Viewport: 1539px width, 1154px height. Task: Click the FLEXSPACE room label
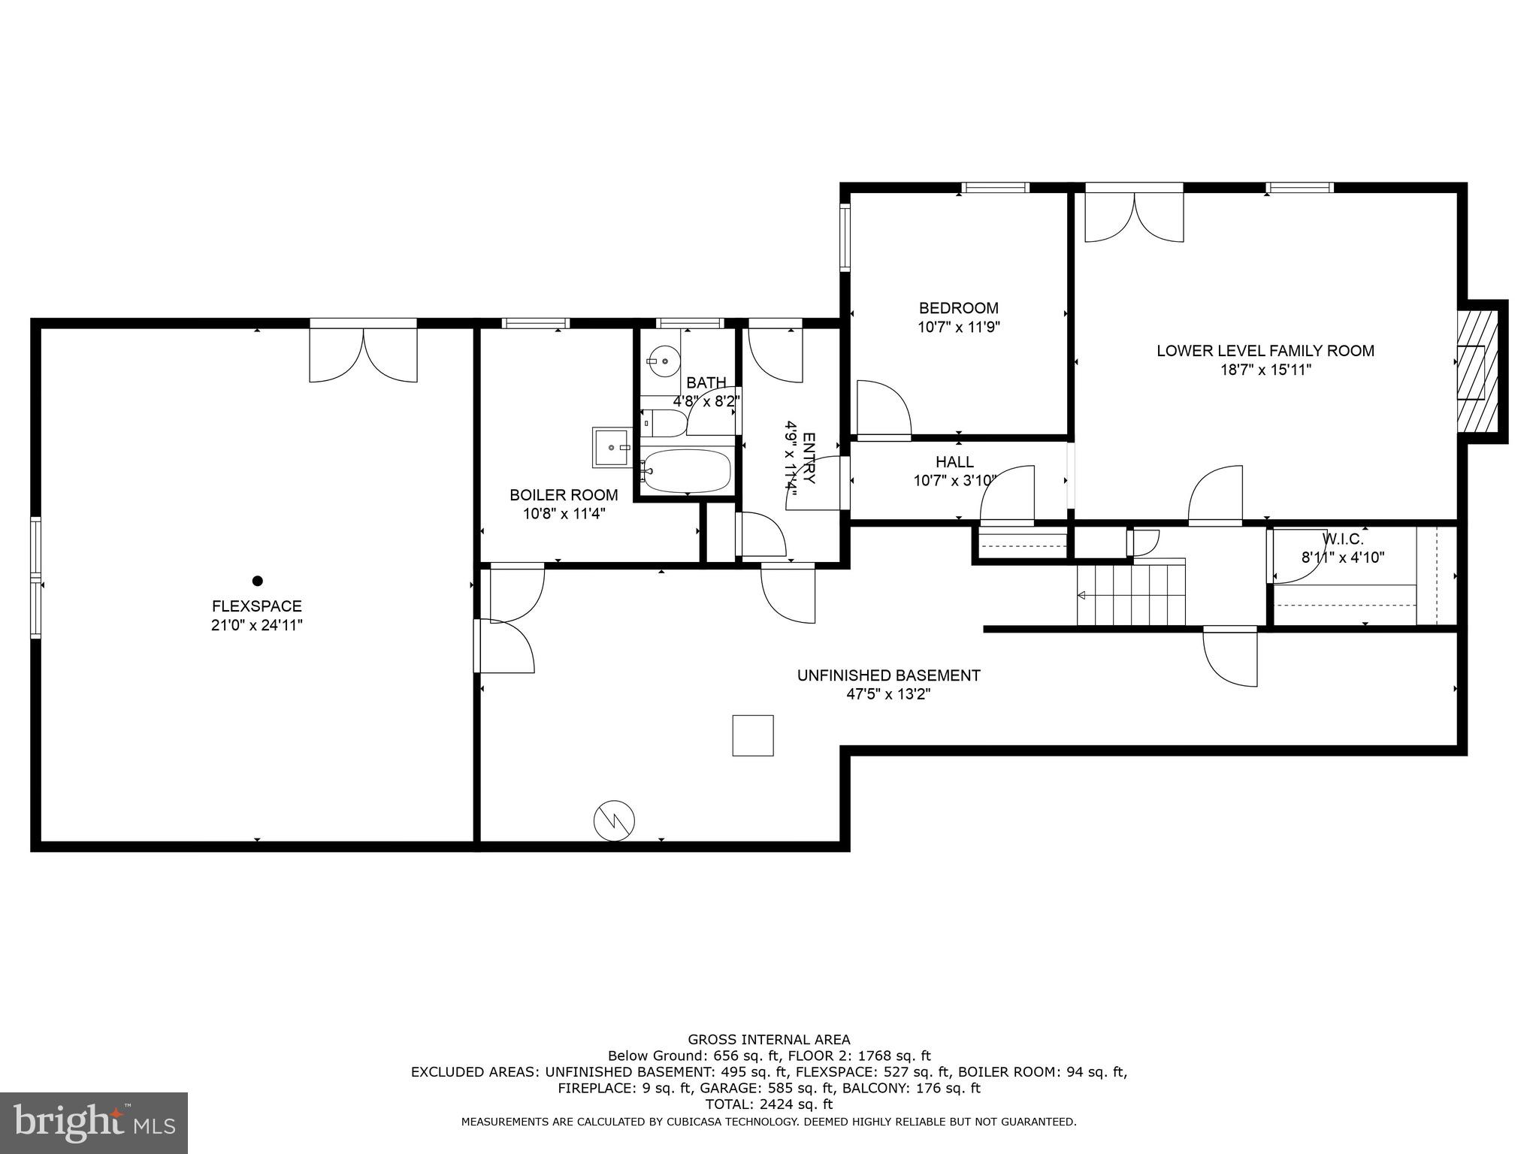pyautogui.click(x=256, y=606)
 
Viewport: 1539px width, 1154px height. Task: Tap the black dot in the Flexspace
pyautogui.click(x=257, y=581)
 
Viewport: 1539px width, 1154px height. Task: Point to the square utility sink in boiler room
pyautogui.click(x=612, y=448)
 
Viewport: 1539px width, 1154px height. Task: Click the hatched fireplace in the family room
pyautogui.click(x=1477, y=376)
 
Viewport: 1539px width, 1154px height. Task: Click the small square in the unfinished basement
pyautogui.click(x=753, y=735)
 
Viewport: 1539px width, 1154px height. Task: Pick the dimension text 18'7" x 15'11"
pyautogui.click(x=1265, y=370)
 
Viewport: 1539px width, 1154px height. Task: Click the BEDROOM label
pyautogui.click(x=958, y=308)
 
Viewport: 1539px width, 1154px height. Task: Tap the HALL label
pyautogui.click(x=954, y=462)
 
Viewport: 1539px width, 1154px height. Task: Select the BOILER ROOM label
pyautogui.click(x=564, y=495)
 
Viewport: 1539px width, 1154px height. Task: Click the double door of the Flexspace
pyautogui.click(x=363, y=353)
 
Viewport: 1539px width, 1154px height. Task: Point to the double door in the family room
pyautogui.click(x=1134, y=214)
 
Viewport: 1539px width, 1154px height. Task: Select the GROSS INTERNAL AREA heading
pyautogui.click(x=769, y=1040)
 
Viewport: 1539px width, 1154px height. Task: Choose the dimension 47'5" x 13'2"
pyautogui.click(x=888, y=694)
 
